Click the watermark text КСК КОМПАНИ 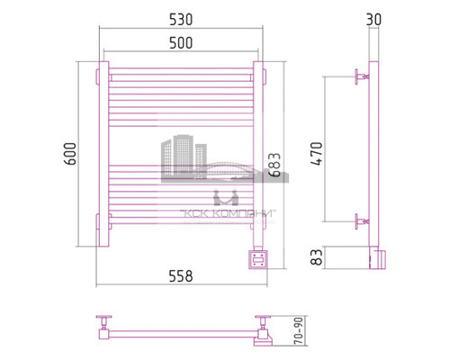tap(229, 213)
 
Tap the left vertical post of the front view tap(103, 153)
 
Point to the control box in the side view tap(379, 257)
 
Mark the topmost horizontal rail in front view tap(181, 74)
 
